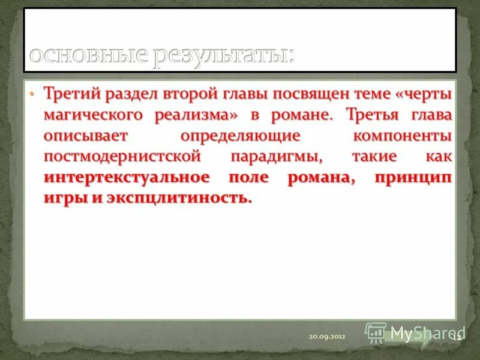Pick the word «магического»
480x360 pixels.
[92, 115]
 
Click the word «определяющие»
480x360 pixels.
[240, 136]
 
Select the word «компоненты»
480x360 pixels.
[401, 136]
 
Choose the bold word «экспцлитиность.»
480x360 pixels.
[180, 199]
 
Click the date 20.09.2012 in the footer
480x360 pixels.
[328, 337]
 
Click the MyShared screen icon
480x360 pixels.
[376, 332]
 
